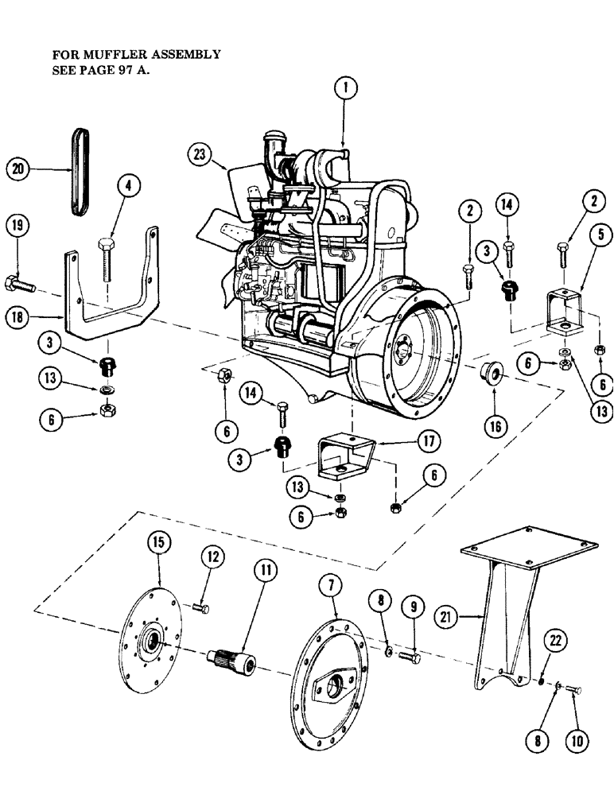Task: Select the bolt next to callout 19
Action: pos(20,282)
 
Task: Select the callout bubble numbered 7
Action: pos(331,587)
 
